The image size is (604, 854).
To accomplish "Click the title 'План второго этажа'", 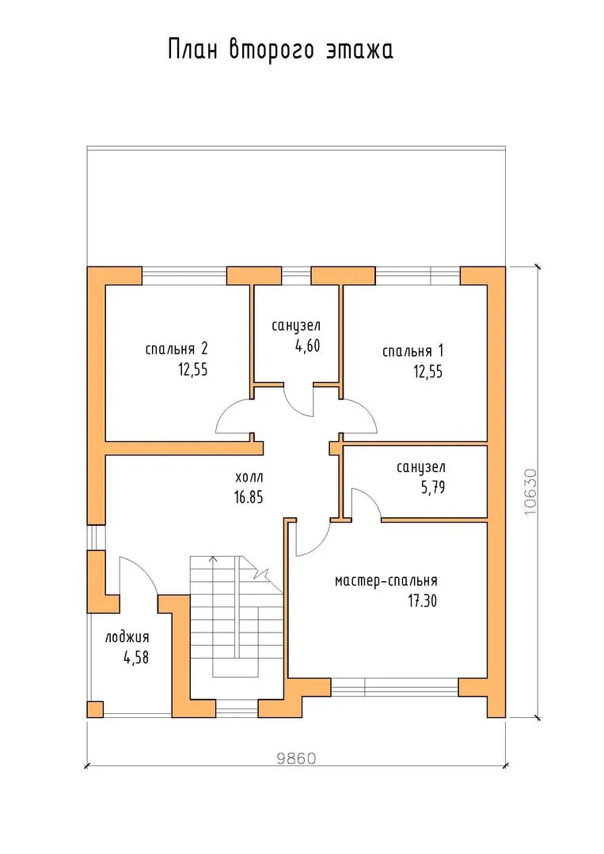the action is (280, 50).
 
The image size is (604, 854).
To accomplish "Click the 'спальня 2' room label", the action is (177, 349).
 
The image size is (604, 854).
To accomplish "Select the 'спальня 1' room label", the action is (412, 351).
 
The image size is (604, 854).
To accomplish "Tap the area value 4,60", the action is (307, 346).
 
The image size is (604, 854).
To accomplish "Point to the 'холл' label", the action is (249, 478).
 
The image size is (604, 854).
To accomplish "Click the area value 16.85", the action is (249, 497).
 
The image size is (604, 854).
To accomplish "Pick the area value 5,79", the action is (433, 487).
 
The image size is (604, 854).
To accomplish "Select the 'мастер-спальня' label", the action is (386, 581).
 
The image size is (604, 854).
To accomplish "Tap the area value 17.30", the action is (423, 601).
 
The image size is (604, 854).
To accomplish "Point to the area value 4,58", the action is (136, 657).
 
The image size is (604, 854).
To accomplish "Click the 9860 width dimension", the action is (296, 758).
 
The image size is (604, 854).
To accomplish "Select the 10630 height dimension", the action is (530, 493).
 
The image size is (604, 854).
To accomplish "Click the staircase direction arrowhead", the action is (213, 558).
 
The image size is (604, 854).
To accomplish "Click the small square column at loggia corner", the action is (95, 709).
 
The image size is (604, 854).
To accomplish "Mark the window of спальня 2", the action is (184, 276).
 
